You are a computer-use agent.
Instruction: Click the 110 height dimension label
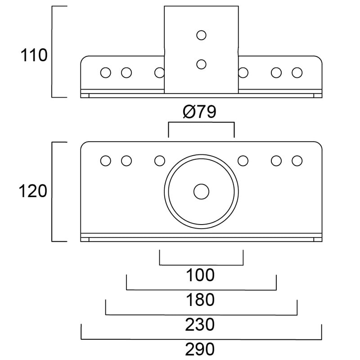[x=34, y=56]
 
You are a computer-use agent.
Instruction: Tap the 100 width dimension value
[x=201, y=275]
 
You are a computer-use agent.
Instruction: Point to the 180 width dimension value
[x=201, y=299]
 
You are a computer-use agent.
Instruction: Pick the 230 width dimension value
[x=201, y=324]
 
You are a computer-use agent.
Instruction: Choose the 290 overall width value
[x=201, y=349]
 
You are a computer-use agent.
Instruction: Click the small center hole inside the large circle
[x=201, y=192]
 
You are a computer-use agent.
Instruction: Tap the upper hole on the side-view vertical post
[x=201, y=35]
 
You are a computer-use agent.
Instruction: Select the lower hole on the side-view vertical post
[x=201, y=64]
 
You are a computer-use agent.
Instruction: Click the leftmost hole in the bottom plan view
[x=106, y=161]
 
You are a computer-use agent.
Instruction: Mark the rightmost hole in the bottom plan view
[x=297, y=161]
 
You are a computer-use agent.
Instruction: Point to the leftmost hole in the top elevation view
[x=106, y=72]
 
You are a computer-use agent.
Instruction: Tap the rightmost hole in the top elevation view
[x=297, y=72]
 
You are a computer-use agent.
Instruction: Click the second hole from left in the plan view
[x=126, y=161]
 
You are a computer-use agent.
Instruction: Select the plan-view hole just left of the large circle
[x=160, y=161]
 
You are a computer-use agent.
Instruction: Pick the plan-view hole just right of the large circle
[x=243, y=161]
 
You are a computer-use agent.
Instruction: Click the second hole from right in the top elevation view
[x=276, y=72]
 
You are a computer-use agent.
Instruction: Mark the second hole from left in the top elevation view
[x=126, y=72]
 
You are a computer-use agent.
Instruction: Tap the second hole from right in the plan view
[x=276, y=161]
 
